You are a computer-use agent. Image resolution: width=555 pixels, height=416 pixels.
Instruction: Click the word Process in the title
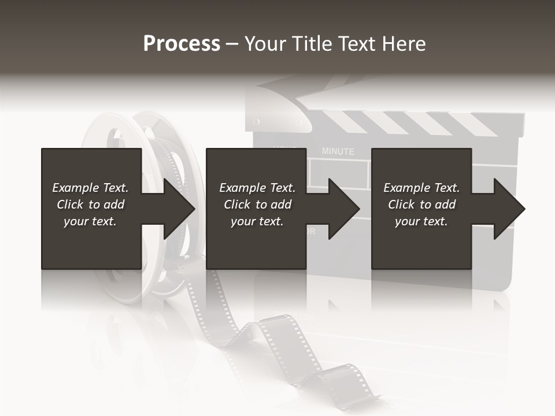[x=182, y=44]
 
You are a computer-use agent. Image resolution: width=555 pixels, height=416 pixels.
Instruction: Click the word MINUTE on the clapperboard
[x=338, y=151]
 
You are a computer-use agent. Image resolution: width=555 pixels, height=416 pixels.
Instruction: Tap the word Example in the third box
[x=406, y=188]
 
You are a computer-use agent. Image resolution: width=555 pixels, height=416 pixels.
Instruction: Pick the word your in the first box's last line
[x=75, y=221]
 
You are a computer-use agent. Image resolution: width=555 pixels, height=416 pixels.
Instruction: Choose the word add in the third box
[x=446, y=205]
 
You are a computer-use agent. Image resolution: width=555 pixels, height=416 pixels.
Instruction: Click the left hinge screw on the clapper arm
[x=256, y=122]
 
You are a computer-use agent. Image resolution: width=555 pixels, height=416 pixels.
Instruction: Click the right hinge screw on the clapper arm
[x=298, y=122]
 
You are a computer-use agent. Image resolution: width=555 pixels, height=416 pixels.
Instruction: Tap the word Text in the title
[x=354, y=44]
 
